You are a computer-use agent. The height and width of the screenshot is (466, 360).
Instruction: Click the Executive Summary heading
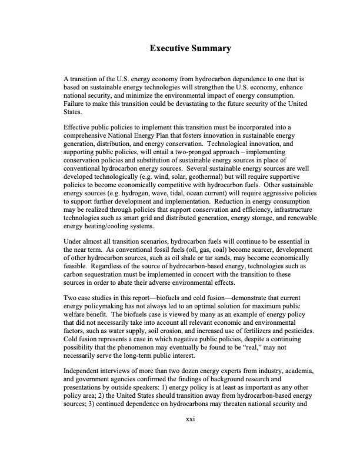coord(189,48)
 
